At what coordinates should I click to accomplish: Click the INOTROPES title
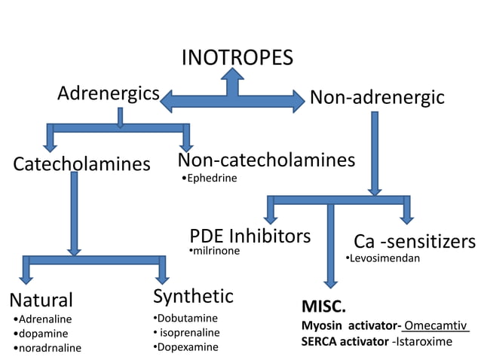click(237, 58)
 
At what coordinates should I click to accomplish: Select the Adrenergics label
click(109, 94)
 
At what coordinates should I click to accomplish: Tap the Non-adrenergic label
click(377, 98)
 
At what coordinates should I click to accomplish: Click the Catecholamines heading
click(81, 163)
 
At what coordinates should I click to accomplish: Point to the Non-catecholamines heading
click(266, 160)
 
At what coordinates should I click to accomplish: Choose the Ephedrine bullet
click(211, 178)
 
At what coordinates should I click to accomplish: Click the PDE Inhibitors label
click(250, 236)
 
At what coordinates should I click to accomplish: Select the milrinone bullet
click(216, 251)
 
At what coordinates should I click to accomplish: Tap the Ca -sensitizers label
click(415, 242)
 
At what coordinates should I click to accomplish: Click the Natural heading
click(41, 300)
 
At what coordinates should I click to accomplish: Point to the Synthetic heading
click(193, 295)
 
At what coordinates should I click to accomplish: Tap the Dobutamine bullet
click(186, 318)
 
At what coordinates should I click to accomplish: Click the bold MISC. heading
click(323, 307)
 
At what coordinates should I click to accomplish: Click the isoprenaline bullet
click(188, 332)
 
